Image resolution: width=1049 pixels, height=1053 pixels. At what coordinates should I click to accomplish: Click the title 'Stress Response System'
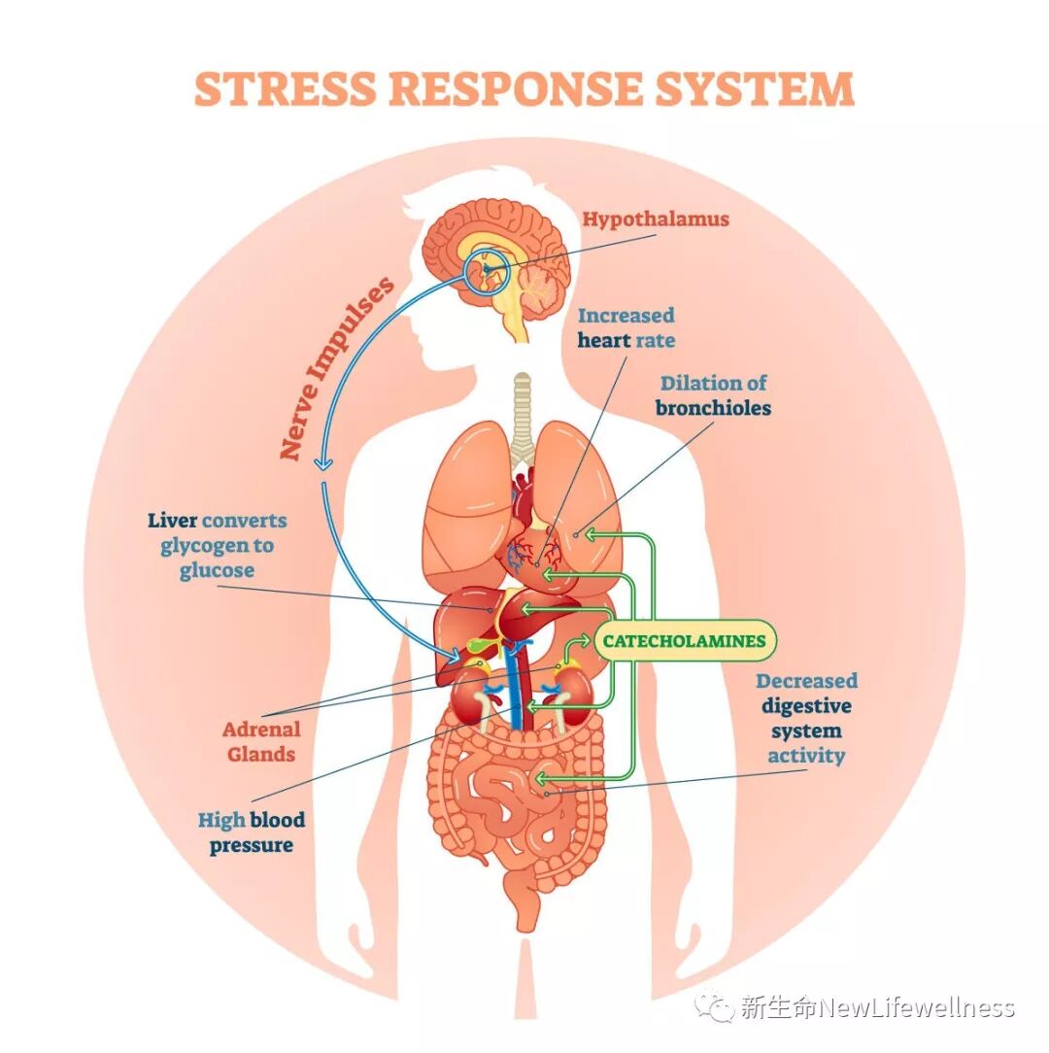524,89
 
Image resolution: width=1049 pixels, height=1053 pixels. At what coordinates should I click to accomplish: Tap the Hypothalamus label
655,220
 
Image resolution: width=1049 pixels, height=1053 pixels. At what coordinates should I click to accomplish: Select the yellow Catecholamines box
684,641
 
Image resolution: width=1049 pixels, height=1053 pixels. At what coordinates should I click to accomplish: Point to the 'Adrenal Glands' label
260,741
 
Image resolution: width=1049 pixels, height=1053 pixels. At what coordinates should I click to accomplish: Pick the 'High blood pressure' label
251,832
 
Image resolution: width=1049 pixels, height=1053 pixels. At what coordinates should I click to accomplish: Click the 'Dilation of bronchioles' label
713,395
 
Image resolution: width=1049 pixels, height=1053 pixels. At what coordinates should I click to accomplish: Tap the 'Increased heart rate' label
626,327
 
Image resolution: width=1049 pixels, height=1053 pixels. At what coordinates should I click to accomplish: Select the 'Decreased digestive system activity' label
806,718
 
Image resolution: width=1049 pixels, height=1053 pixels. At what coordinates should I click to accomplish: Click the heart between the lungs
524,495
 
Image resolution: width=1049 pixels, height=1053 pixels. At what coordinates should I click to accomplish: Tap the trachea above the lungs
524,408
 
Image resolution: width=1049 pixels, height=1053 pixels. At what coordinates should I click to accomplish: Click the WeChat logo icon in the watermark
720,1007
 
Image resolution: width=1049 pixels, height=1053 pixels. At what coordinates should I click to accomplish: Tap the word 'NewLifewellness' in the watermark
918,1008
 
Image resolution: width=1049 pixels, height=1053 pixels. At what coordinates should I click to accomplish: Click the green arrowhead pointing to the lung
588,534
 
